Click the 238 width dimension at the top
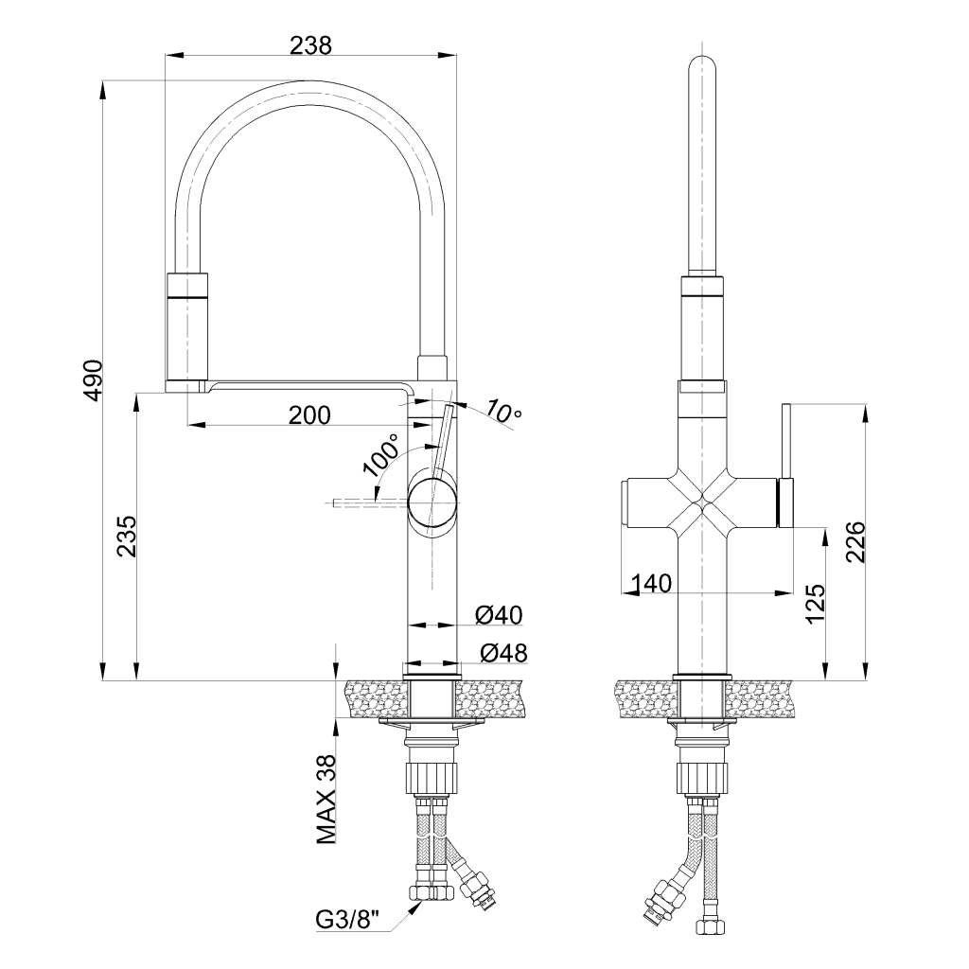[310, 45]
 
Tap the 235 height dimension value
[128, 537]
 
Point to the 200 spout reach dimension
[309, 415]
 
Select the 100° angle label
[380, 455]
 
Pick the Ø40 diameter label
[499, 615]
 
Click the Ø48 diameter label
[503, 653]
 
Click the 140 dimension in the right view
[651, 583]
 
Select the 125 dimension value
[816, 603]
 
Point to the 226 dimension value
[855, 542]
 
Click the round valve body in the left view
[433, 503]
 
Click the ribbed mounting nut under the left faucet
[433, 778]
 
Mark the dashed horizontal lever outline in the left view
[371, 503]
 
